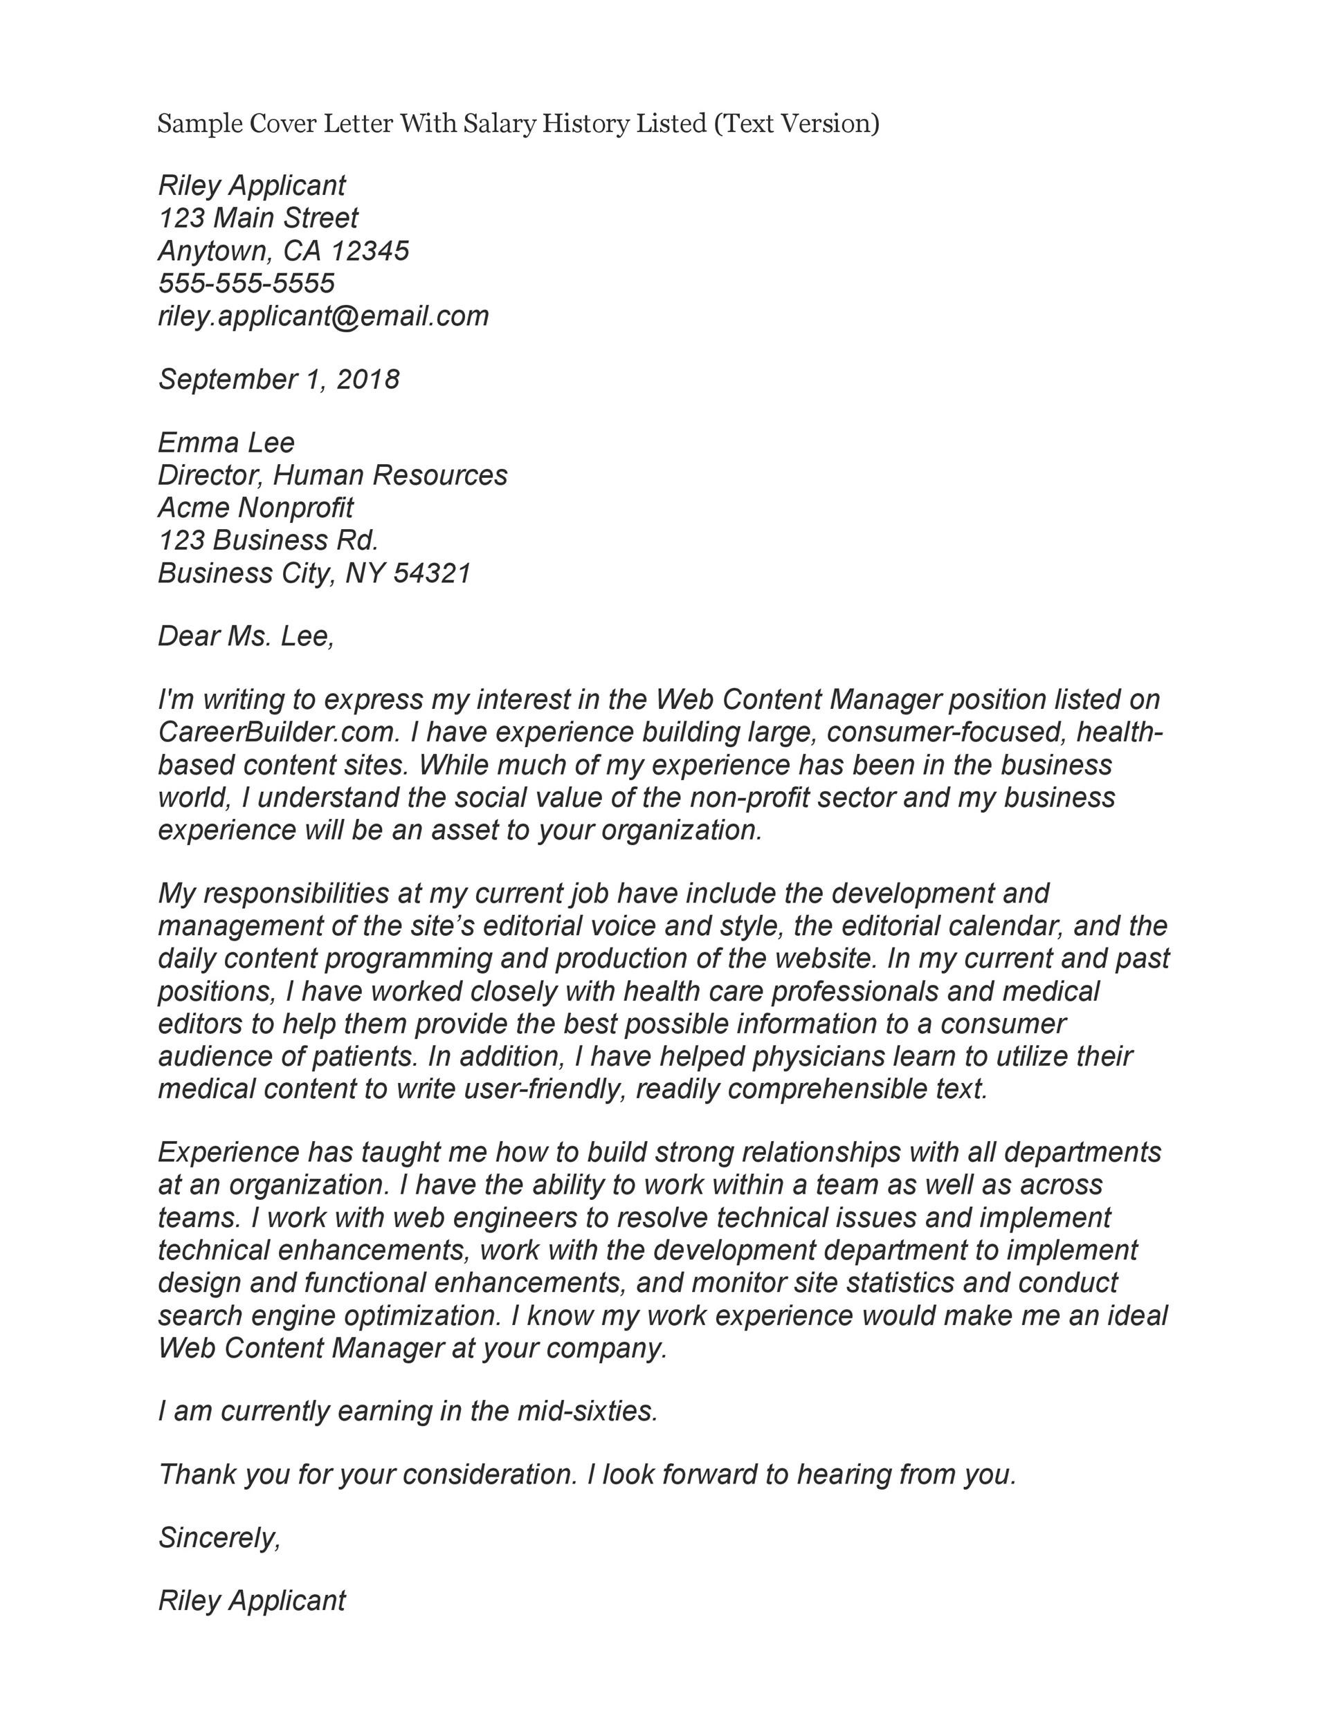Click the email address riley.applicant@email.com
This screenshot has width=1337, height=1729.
(323, 316)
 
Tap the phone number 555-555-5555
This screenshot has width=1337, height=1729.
(246, 284)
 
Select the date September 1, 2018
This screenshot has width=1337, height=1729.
(279, 379)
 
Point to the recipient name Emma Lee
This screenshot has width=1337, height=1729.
(226, 442)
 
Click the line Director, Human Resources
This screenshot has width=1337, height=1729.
(333, 475)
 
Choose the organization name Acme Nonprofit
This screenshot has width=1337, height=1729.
(255, 508)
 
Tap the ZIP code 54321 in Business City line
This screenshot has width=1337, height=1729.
(432, 573)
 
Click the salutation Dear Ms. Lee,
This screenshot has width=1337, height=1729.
(246, 636)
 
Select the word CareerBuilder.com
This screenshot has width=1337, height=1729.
(278, 732)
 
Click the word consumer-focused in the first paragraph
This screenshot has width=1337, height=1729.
(943, 732)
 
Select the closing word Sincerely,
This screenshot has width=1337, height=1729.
(219, 1537)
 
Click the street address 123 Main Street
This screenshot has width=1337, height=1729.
(258, 218)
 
